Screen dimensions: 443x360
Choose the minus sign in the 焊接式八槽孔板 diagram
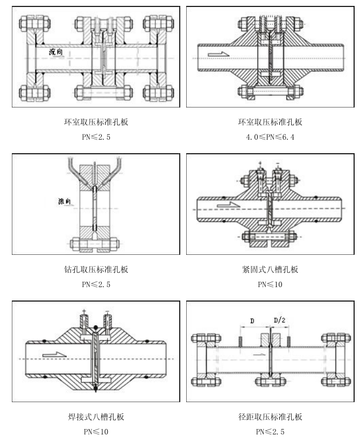pos(107,311)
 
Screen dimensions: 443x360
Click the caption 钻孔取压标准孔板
pos(96,269)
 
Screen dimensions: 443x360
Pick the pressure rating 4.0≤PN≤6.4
pos(270,137)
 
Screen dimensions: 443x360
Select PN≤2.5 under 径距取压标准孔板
pos(270,432)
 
